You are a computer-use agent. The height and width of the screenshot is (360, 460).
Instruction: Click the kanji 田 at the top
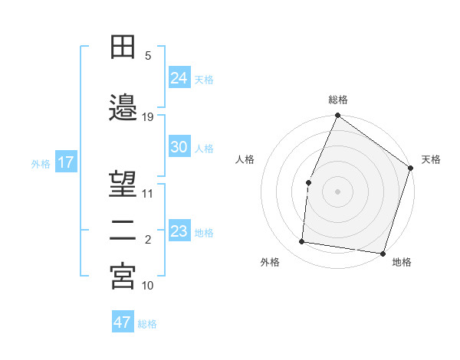tap(123, 48)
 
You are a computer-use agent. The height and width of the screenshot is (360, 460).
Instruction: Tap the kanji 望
tap(123, 184)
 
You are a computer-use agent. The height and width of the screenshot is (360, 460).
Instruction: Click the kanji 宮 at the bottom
tap(123, 277)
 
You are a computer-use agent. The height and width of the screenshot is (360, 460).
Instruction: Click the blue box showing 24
tap(179, 78)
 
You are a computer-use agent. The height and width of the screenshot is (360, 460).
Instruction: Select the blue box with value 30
tap(179, 148)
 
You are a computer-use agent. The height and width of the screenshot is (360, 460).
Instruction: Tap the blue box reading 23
tap(179, 231)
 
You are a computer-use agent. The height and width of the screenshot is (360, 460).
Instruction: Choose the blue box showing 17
tap(65, 162)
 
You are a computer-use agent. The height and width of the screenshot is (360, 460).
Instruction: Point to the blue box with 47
tap(123, 322)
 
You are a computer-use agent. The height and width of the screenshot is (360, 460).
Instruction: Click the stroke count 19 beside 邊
tap(148, 117)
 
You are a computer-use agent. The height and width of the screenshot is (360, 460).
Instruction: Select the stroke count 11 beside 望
tap(148, 193)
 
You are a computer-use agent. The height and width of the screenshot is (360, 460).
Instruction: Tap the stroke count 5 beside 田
tap(148, 55)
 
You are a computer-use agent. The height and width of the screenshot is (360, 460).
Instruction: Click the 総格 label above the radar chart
tap(337, 100)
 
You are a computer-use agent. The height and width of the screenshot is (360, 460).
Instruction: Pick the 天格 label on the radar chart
tap(431, 159)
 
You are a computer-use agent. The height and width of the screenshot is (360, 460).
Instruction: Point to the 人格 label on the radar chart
tap(245, 159)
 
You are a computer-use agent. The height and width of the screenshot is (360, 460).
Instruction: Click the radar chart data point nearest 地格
tap(383, 253)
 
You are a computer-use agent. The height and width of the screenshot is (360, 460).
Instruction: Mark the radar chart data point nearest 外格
tap(302, 242)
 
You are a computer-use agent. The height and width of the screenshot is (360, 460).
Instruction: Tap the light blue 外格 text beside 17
tap(41, 163)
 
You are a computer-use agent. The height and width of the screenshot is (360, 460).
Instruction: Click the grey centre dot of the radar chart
tap(337, 191)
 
